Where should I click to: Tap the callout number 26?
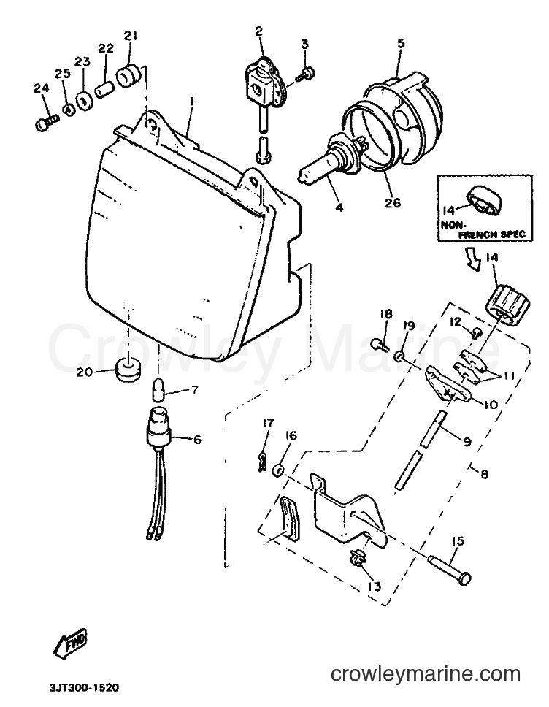393,203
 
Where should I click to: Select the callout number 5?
401,43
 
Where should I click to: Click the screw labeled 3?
306,74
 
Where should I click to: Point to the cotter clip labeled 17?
260,462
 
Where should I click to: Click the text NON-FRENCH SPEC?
485,229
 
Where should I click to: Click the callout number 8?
483,474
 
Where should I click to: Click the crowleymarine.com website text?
426,674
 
